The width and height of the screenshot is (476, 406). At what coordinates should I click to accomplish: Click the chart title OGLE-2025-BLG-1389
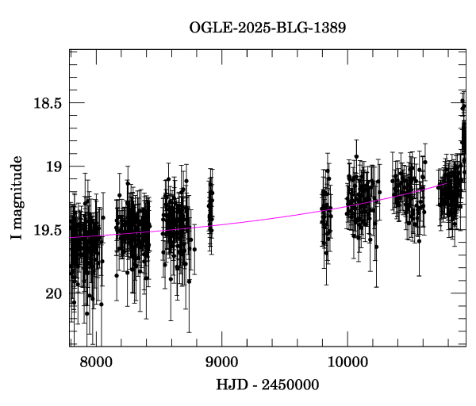[x=267, y=29]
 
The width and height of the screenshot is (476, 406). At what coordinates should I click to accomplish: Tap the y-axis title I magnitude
[x=17, y=197]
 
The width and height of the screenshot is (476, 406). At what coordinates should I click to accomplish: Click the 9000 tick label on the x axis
[x=221, y=362]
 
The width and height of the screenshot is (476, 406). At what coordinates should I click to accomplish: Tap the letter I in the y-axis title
[x=17, y=237]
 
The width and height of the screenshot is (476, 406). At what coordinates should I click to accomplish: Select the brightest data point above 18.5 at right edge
[x=463, y=104]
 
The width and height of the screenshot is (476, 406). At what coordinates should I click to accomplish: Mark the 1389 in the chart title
[x=330, y=29]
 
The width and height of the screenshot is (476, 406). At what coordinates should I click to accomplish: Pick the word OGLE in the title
[x=209, y=29]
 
